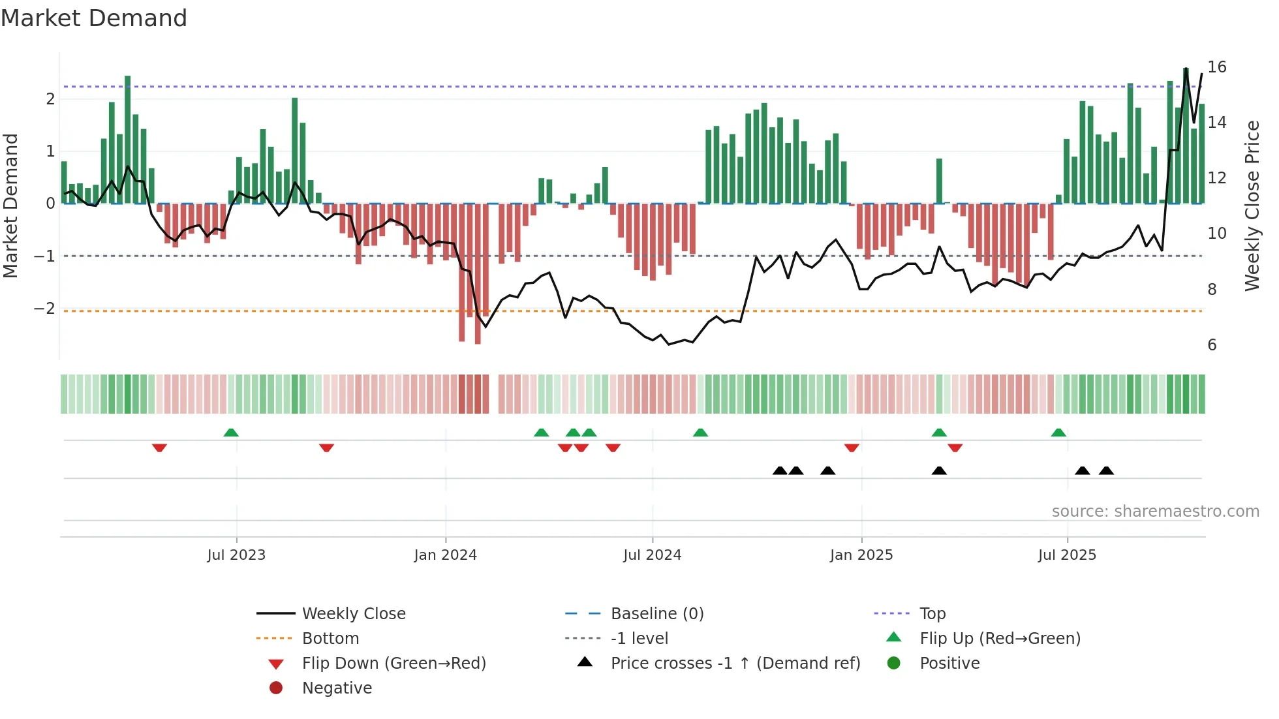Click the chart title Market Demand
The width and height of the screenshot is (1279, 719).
pyautogui.click(x=94, y=18)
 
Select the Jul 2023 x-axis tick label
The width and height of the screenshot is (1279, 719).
pyautogui.click(x=236, y=555)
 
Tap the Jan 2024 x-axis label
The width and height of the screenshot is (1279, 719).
pyautogui.click(x=446, y=555)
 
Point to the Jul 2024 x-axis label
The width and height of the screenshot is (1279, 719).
pyautogui.click(x=652, y=555)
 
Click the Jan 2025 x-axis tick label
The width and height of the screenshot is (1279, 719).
pyautogui.click(x=861, y=555)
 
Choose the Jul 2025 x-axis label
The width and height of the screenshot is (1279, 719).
pyautogui.click(x=1067, y=555)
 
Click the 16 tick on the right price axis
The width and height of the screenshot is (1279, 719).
pyautogui.click(x=1216, y=67)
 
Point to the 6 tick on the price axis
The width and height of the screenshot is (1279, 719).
pyautogui.click(x=1212, y=345)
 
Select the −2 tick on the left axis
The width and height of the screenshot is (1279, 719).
pyautogui.click(x=45, y=309)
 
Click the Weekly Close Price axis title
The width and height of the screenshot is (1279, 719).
pyautogui.click(x=1252, y=206)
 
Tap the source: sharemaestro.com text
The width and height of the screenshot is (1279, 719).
pyautogui.click(x=1155, y=512)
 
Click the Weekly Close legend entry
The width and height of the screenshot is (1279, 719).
pyautogui.click(x=353, y=614)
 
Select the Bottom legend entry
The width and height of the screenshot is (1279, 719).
pyautogui.click(x=330, y=639)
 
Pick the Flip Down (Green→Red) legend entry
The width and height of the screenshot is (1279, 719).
pyautogui.click(x=393, y=664)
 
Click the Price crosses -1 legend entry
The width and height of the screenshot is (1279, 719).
pyautogui.click(x=735, y=664)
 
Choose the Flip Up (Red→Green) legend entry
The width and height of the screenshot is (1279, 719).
pyautogui.click(x=1000, y=639)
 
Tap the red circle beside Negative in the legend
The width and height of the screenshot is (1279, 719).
pyautogui.click(x=276, y=688)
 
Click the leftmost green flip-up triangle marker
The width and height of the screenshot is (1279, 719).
pyautogui.click(x=231, y=433)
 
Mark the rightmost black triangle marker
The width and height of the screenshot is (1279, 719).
pyautogui.click(x=1106, y=470)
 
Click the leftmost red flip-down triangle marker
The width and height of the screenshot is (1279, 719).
pyautogui.click(x=159, y=448)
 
